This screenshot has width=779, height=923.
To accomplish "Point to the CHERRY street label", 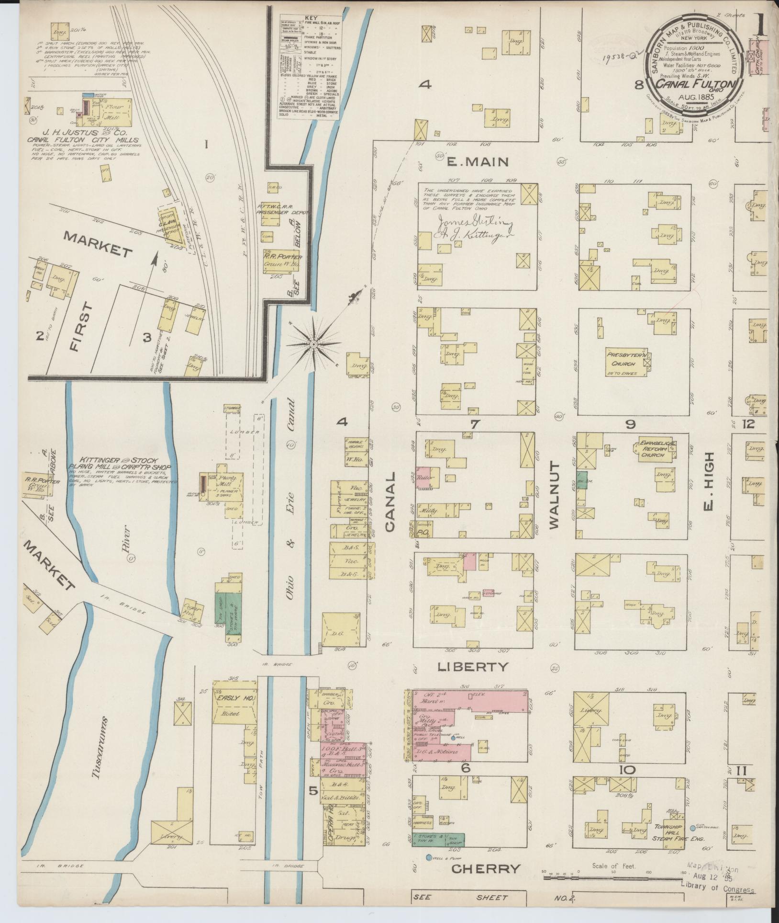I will pos(486,869).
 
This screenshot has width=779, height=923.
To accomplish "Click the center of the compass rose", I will pos(313,344).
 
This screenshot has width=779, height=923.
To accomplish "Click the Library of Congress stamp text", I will pos(717,889).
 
